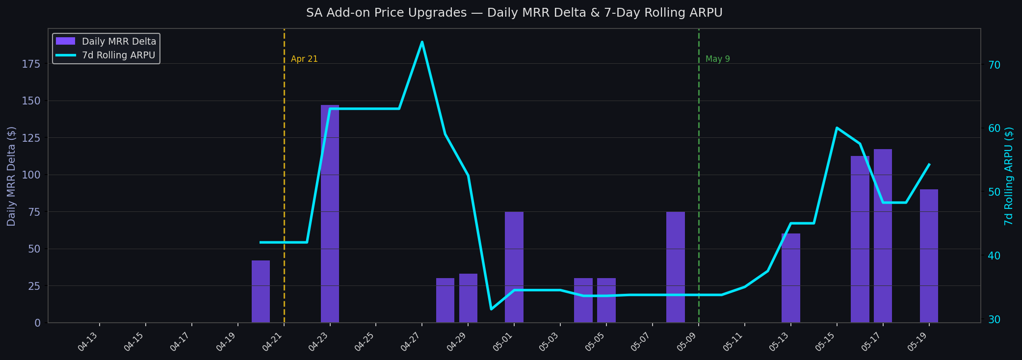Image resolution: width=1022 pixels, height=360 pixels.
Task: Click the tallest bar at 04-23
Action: (330, 214)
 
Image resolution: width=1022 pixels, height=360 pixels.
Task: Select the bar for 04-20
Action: (261, 291)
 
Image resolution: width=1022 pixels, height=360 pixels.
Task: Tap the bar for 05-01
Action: (514, 267)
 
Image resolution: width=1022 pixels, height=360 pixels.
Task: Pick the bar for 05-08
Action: (676, 267)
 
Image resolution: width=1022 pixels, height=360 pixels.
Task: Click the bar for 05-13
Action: (791, 278)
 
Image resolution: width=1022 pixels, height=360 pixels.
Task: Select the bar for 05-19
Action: (929, 256)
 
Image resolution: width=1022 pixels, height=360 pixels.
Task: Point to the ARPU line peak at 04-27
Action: (422, 42)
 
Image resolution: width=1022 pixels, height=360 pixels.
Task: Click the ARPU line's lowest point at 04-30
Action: (491, 309)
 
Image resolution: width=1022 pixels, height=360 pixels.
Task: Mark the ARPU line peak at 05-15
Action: (837, 128)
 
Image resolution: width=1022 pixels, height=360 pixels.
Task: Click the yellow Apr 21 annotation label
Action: (304, 59)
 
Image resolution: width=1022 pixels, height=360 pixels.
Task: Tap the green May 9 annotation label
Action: (718, 59)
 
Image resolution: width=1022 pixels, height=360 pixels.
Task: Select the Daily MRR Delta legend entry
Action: (106, 42)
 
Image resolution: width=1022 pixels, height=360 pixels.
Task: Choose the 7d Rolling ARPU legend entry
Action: (106, 55)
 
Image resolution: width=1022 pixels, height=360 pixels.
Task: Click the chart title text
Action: (514, 13)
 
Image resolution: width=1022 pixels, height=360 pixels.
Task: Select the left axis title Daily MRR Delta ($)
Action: (11, 176)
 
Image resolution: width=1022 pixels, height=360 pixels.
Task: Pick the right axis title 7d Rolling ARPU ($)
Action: (1009, 176)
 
